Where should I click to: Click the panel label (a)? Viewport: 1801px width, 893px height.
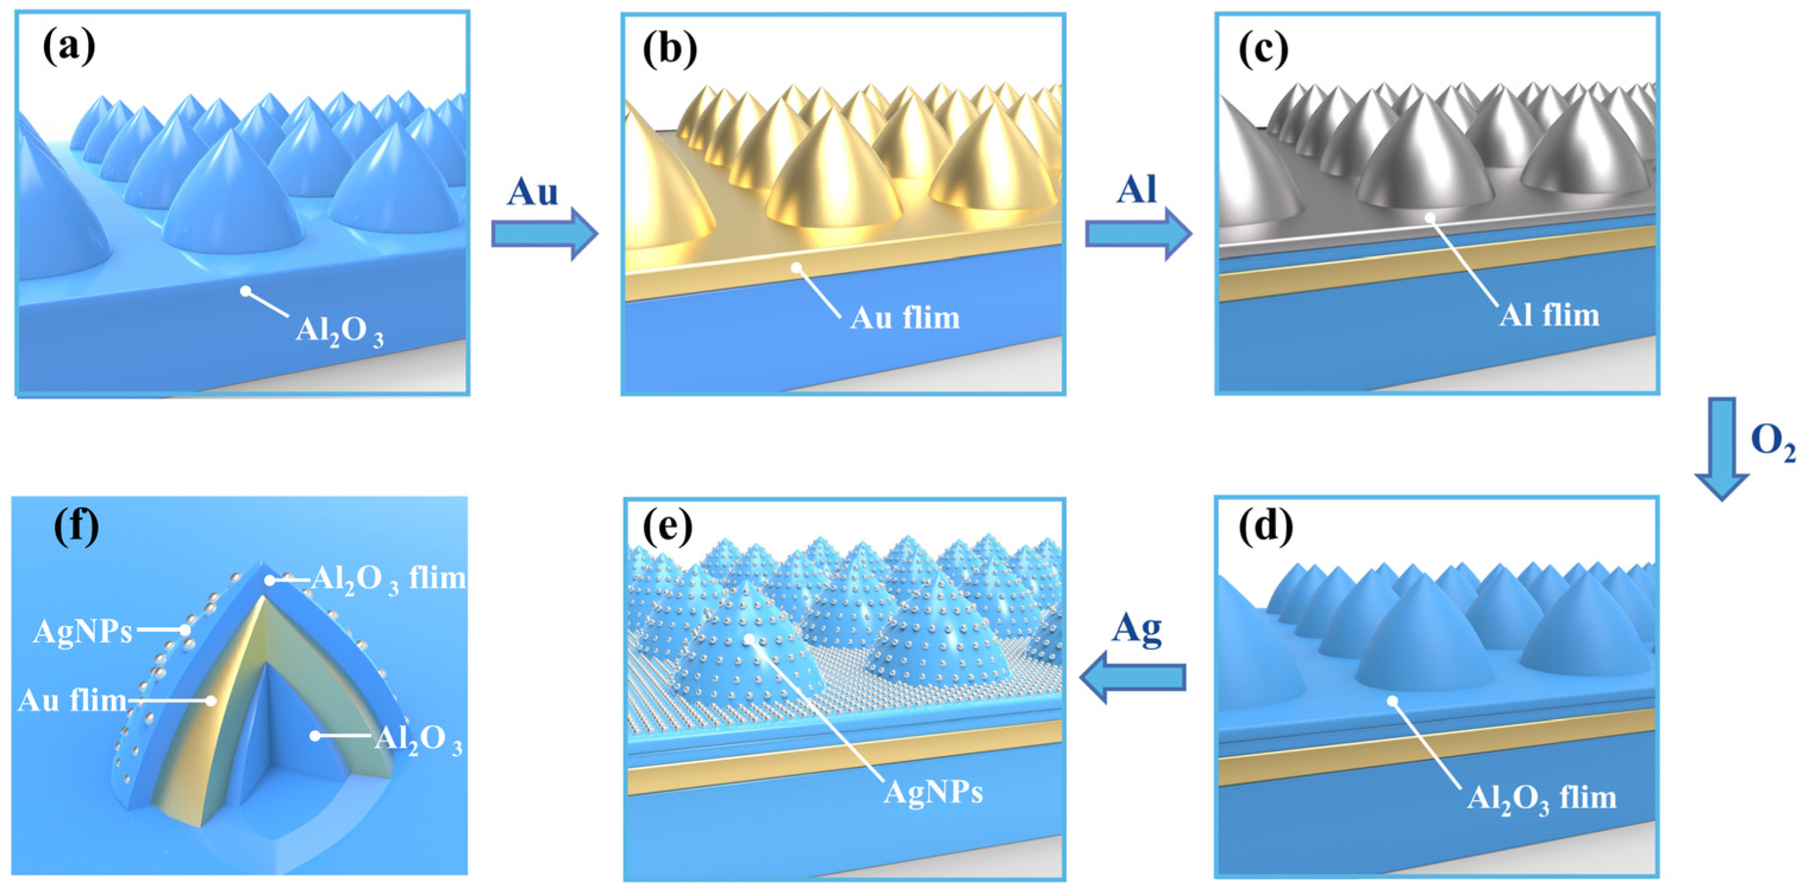pyautogui.click(x=68, y=49)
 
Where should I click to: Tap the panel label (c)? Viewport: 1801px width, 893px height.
pyautogui.click(x=1263, y=49)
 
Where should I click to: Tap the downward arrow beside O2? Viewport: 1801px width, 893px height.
pyautogui.click(x=1721, y=447)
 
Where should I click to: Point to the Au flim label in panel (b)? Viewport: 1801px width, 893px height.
pyautogui.click(x=905, y=318)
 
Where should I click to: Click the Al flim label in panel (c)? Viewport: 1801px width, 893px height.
pyautogui.click(x=1549, y=315)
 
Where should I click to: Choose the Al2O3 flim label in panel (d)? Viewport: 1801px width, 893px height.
pyautogui.click(x=1541, y=798)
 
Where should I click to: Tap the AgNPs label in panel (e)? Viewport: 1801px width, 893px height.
pyautogui.click(x=933, y=792)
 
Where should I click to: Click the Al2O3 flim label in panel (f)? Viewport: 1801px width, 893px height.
pyautogui.click(x=388, y=579)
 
